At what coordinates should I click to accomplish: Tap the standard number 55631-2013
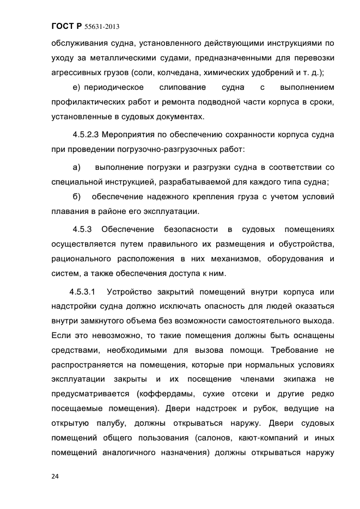[x=102, y=26]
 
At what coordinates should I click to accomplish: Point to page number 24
[x=55, y=476]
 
